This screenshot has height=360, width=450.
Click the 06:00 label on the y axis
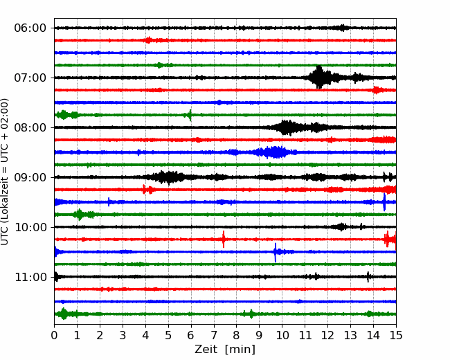(30, 28)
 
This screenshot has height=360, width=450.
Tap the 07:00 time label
(30, 78)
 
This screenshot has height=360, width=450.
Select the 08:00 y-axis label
(30, 127)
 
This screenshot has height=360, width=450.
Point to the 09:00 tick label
(30, 177)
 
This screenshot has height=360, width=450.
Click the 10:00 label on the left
(30, 227)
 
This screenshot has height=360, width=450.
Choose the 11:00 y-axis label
(30, 277)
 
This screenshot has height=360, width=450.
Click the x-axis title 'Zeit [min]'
(225, 350)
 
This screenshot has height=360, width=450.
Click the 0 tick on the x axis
(55, 336)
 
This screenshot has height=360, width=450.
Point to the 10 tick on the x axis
(282, 336)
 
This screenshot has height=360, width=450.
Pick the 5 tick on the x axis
(168, 336)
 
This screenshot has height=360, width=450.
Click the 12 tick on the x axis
(327, 336)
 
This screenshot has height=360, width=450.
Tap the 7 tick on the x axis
(214, 336)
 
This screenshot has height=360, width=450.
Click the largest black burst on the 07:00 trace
(319, 78)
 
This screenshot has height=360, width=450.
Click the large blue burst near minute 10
(276, 152)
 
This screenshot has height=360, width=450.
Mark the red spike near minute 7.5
(224, 240)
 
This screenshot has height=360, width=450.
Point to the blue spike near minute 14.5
(384, 202)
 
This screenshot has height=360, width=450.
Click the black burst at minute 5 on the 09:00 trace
(167, 177)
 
